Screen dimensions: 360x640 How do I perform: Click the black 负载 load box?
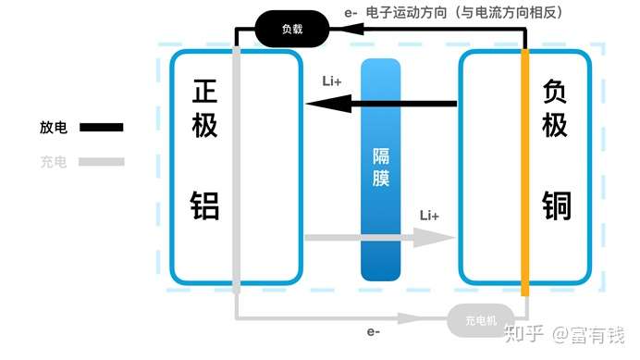[291, 29]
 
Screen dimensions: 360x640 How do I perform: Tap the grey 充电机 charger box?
[481, 320]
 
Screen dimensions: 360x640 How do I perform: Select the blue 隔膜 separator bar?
[380, 168]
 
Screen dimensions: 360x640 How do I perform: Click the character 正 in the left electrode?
[204, 92]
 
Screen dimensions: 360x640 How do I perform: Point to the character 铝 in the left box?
[204, 205]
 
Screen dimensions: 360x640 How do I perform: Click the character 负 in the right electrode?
[555, 92]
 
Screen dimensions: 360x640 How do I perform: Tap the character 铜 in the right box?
[555, 205]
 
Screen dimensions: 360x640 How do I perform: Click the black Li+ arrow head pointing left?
[320, 104]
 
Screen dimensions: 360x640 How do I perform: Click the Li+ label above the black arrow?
[331, 81]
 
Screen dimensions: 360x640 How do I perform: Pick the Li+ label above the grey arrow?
[429, 216]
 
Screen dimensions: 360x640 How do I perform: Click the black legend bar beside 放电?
[101, 128]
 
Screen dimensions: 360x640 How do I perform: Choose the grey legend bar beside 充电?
[101, 162]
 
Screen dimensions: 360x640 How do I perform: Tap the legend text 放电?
[54, 128]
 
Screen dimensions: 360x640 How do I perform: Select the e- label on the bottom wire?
[374, 330]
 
